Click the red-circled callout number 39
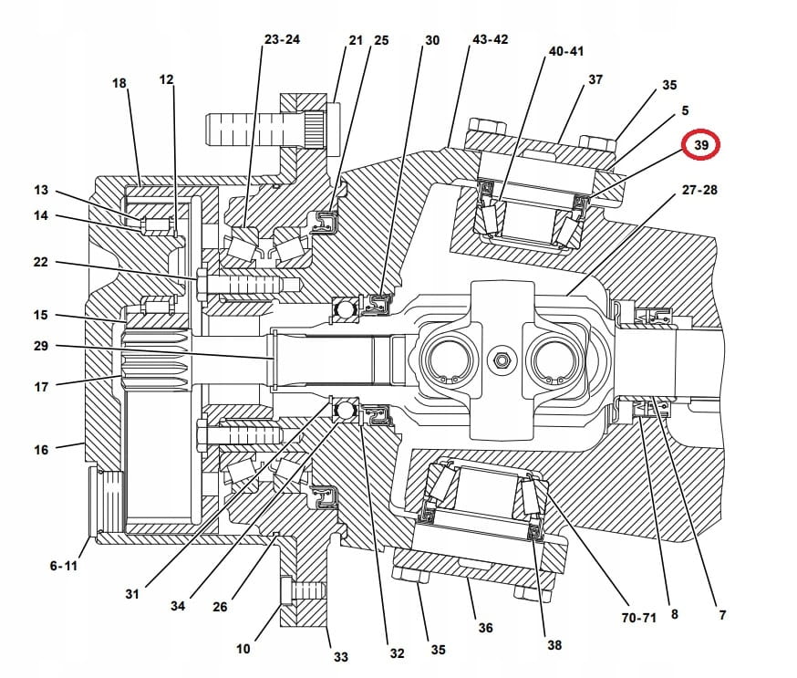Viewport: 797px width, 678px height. point(700,146)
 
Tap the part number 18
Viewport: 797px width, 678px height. point(119,83)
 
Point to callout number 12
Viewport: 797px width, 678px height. point(166,79)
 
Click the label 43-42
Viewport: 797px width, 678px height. point(491,40)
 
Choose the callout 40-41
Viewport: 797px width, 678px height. point(565,52)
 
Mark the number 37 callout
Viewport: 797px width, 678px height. point(595,79)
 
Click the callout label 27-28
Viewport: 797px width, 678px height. point(699,191)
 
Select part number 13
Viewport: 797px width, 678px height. point(41,191)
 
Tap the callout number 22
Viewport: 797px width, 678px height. point(41,263)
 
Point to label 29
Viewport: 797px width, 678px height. point(41,347)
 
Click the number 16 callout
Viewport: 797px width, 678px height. point(41,450)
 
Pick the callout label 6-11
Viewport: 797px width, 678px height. point(64,566)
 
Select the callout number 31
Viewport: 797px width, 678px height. point(133,594)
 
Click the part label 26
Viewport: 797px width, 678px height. point(220,607)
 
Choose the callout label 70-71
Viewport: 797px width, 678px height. point(638,617)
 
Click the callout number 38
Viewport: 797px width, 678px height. point(554,644)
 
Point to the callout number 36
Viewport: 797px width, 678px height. point(485,628)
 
